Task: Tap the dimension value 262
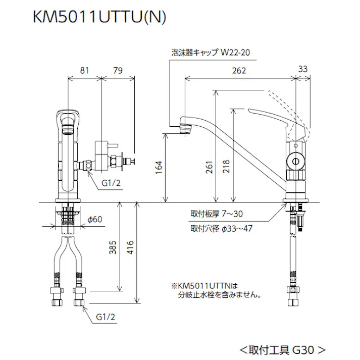[240, 71]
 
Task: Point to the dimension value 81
[85, 71]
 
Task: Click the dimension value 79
[118, 71]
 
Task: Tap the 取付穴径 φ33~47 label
[221, 228]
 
